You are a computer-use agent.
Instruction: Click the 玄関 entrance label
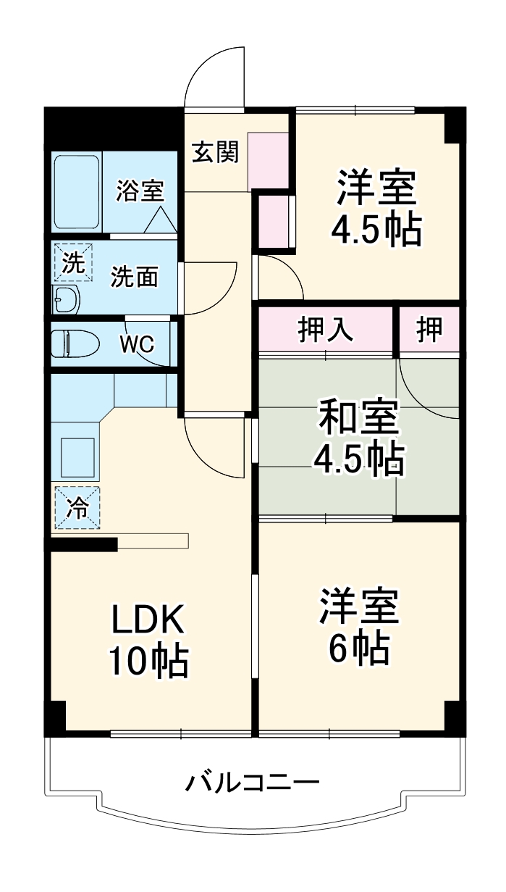click(215, 154)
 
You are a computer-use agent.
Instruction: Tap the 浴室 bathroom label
click(140, 192)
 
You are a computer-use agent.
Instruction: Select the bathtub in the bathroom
click(77, 192)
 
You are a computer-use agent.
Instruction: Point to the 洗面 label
click(134, 278)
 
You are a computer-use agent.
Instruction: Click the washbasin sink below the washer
click(67, 298)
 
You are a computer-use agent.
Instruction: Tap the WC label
click(138, 344)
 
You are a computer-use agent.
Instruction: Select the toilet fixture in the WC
click(76, 344)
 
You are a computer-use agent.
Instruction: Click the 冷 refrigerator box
click(76, 508)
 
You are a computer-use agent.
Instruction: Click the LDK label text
click(149, 620)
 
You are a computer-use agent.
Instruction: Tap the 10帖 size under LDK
click(149, 660)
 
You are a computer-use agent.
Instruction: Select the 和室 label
click(358, 419)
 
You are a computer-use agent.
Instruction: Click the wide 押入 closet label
click(326, 330)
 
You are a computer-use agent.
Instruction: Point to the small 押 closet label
click(429, 330)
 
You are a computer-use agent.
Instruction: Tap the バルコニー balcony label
click(253, 783)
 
